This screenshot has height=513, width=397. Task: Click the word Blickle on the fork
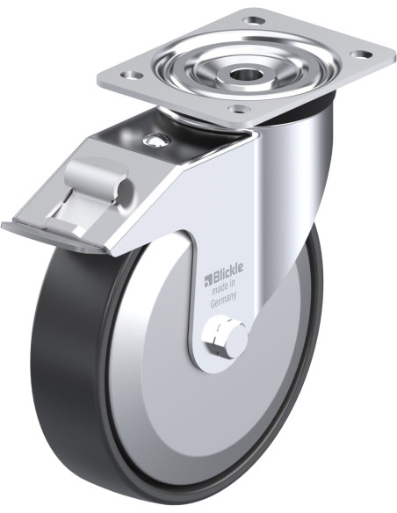(228, 270)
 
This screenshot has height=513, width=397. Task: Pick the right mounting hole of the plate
(363, 54)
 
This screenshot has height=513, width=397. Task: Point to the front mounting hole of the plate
(239, 108)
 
